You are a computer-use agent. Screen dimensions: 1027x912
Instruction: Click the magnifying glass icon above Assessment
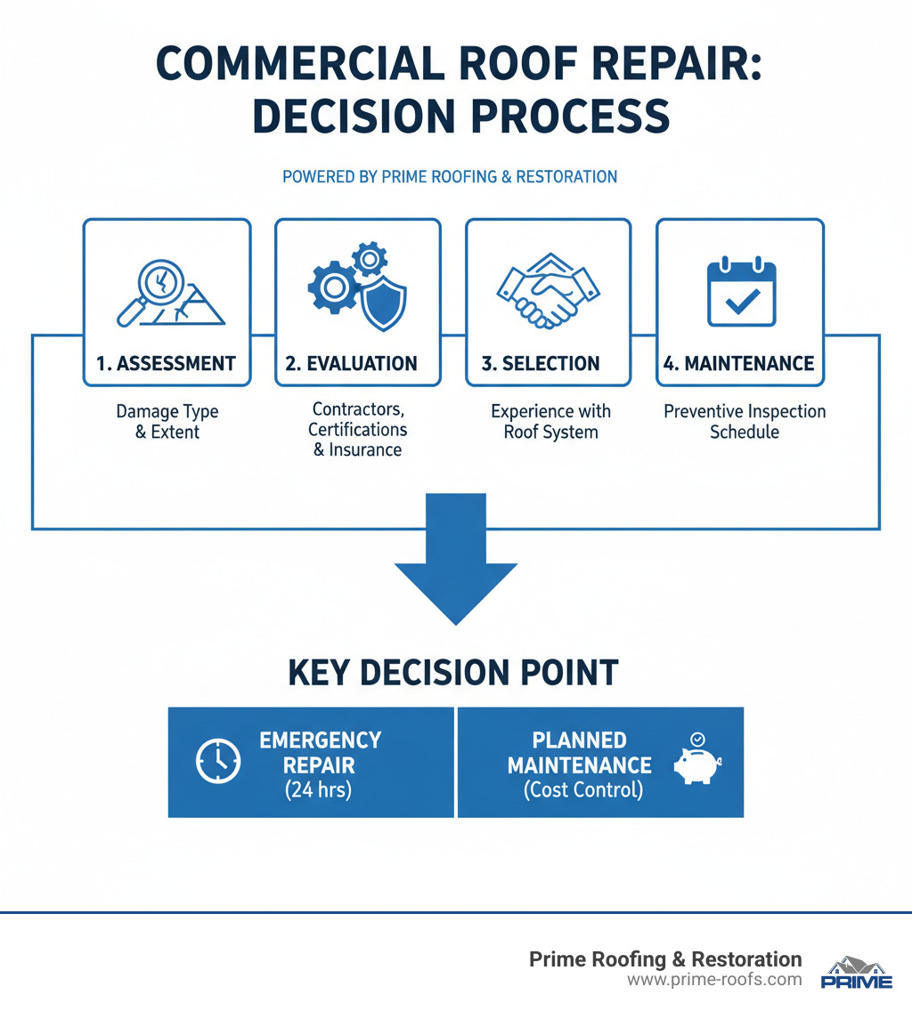(148, 294)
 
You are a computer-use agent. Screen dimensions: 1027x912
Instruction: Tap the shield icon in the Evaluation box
(386, 300)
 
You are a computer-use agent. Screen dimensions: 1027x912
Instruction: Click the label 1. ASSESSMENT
(167, 363)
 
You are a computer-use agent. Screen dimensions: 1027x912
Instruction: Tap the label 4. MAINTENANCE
(740, 363)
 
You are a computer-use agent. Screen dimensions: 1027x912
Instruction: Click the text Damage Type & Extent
(167, 422)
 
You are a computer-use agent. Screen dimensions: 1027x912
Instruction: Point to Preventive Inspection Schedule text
(745, 422)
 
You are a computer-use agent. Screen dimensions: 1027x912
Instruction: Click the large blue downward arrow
(455, 570)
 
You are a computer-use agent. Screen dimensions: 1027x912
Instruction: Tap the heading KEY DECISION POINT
(453, 673)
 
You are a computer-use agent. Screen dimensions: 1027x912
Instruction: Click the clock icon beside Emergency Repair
(217, 763)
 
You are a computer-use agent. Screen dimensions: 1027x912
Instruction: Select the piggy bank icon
(696, 764)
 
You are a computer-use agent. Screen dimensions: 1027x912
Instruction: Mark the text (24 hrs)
(318, 789)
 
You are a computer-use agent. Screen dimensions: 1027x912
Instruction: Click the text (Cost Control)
(583, 789)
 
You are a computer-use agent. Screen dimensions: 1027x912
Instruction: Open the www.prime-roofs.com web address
(713, 980)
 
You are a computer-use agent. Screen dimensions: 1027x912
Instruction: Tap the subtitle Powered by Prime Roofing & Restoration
(450, 176)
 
